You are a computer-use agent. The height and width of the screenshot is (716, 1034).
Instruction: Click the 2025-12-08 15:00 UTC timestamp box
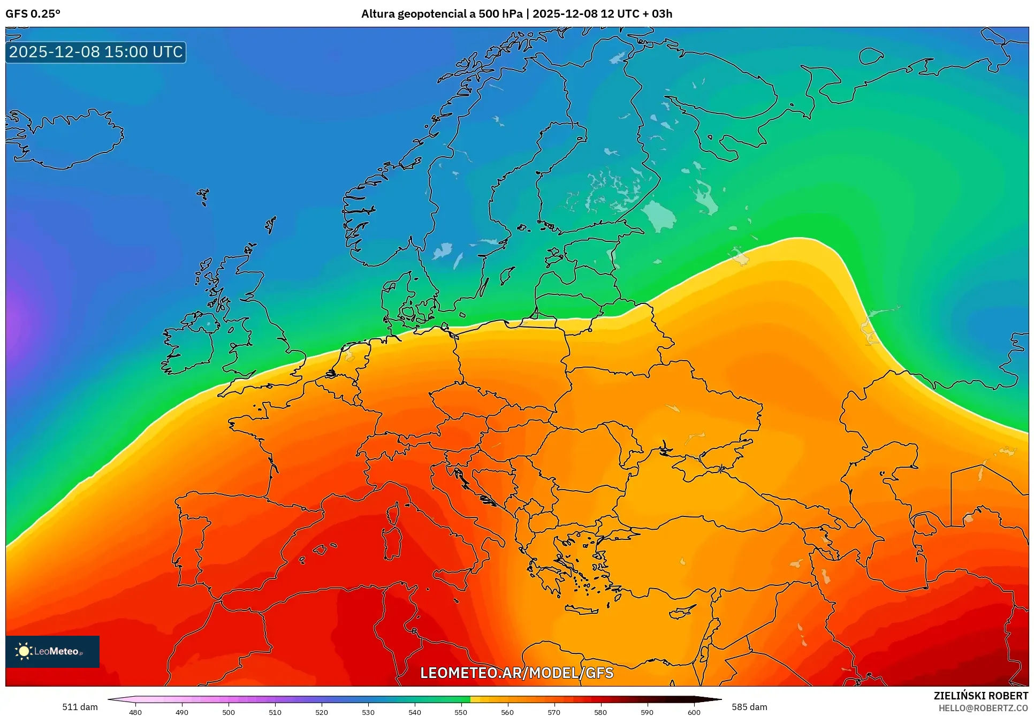coord(96,52)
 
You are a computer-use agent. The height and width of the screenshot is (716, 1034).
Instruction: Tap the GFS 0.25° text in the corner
coord(33,14)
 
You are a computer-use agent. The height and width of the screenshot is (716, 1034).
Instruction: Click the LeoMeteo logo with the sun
coord(52,651)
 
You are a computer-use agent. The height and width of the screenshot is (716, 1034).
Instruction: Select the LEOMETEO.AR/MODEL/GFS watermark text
coord(516,673)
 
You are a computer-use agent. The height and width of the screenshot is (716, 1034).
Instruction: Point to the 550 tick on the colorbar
coord(461,712)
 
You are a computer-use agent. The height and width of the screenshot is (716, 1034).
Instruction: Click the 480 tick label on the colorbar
coord(135,712)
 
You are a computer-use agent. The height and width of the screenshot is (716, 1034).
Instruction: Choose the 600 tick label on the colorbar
coord(694,712)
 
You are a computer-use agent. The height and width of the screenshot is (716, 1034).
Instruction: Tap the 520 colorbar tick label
coord(322,712)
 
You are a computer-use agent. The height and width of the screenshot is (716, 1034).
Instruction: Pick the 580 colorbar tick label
coord(600,712)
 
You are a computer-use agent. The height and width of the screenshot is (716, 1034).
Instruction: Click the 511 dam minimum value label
coord(80,707)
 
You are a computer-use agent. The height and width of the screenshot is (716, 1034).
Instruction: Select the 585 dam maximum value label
coord(749,707)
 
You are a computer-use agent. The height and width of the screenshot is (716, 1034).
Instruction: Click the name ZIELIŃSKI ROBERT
coord(981,696)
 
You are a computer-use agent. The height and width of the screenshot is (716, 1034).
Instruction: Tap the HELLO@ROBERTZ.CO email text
coord(983,708)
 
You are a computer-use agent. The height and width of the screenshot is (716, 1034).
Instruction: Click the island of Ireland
coord(190,345)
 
